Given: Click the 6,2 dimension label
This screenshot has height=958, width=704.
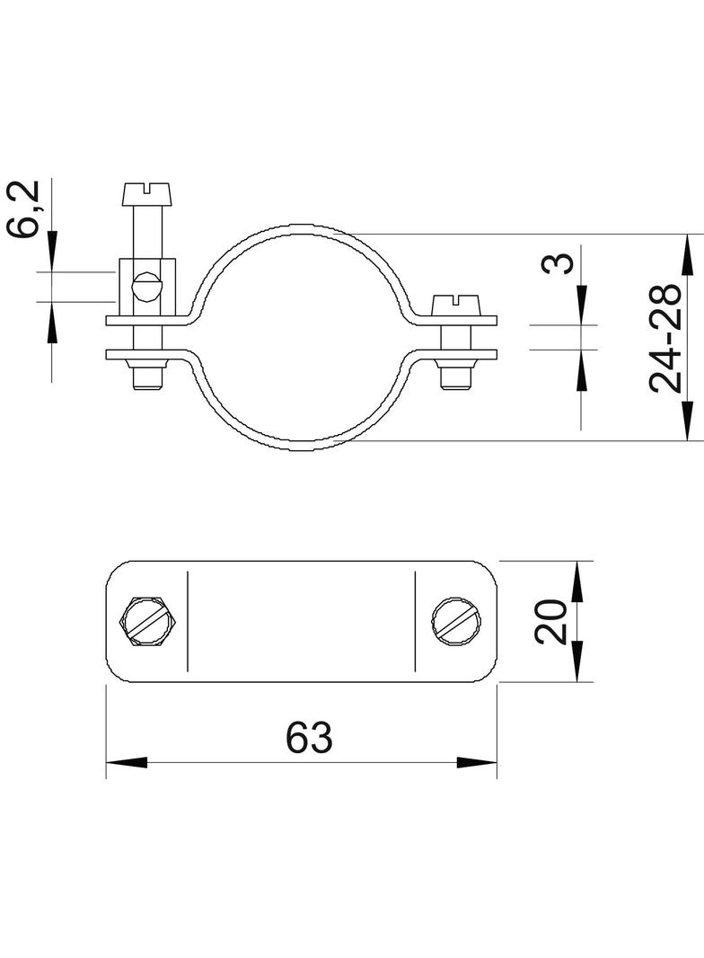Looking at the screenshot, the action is click(24, 208).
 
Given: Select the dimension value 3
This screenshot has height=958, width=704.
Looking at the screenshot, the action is click(558, 262).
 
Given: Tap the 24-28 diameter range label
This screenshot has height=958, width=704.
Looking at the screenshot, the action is click(664, 337).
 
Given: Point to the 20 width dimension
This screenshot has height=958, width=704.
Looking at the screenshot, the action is click(550, 622).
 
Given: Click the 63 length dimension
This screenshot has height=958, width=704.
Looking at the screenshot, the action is click(310, 738).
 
